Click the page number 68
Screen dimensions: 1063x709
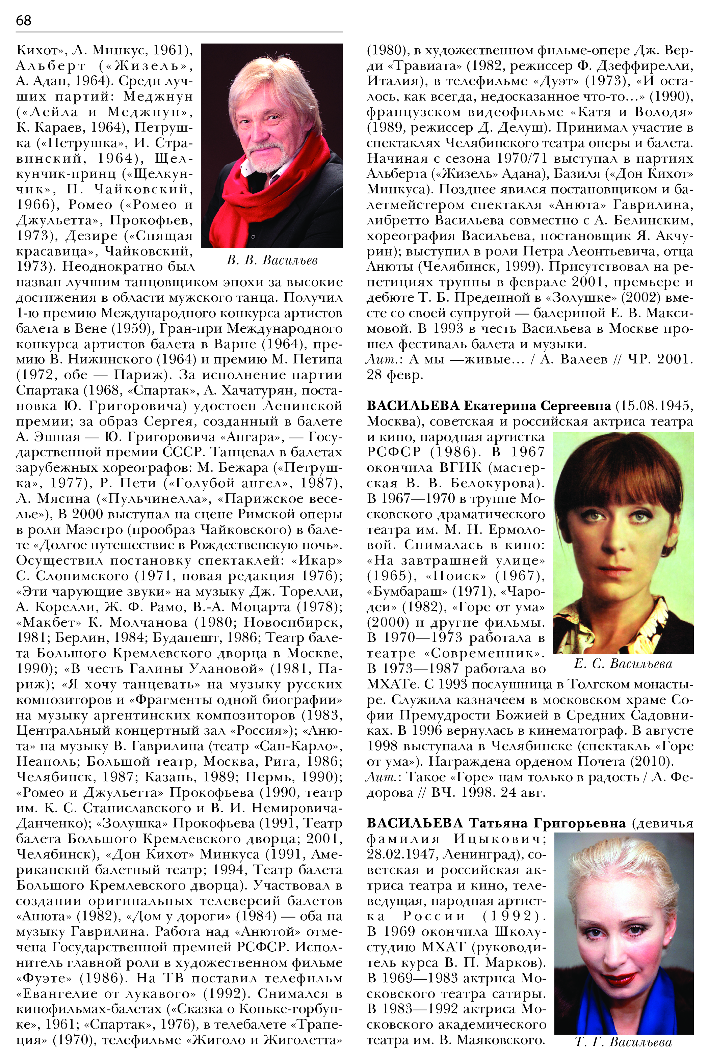pyautogui.click(x=24, y=20)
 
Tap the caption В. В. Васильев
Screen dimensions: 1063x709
pyautogui.click(x=272, y=260)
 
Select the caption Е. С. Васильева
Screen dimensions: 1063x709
pyautogui.click(x=623, y=663)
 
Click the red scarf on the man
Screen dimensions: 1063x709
pyautogui.click(x=271, y=190)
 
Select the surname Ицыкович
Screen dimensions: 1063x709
pyautogui.click(x=500, y=839)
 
